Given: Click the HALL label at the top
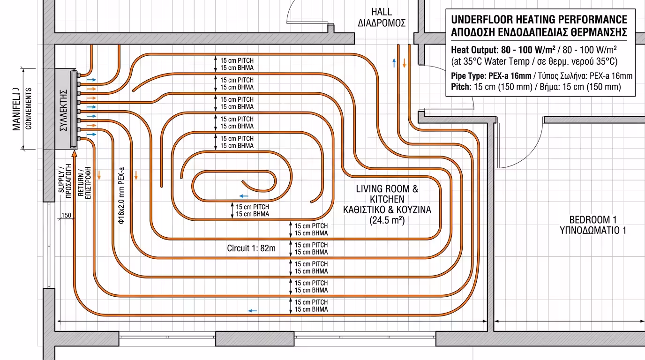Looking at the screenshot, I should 382,12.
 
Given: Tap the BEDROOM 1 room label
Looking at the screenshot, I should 592,220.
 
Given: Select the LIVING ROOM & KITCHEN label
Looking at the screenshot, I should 387,194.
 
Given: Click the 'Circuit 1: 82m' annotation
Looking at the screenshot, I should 251,248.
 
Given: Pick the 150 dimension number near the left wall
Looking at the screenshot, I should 66,215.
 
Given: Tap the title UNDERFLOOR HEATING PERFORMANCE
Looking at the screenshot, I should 539,20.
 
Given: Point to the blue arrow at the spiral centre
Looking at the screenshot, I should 244,195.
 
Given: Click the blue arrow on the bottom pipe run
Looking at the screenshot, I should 252,311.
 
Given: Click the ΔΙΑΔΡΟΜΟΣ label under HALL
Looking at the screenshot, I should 382,23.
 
